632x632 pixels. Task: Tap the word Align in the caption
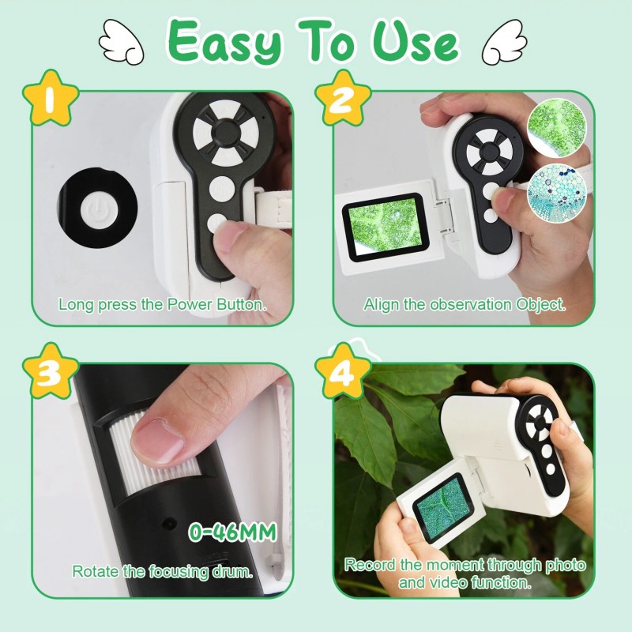click(379, 303)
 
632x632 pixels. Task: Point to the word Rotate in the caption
click(92, 570)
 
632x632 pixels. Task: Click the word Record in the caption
click(370, 565)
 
